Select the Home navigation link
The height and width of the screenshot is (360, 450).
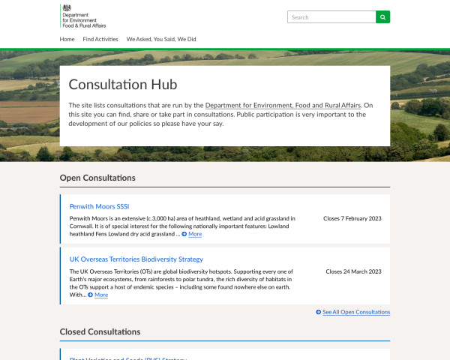pos(67,39)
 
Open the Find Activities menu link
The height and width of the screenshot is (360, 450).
pos(100,39)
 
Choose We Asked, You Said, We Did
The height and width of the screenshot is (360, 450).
pos(160,39)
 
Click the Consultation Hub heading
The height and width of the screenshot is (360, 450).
pos(122,85)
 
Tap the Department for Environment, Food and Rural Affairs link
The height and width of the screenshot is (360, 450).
pos(283,105)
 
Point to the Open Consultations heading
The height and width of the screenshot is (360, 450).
pos(97,178)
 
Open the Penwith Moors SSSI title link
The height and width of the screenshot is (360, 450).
pos(99,206)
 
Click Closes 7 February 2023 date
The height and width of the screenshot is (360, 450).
pos(352,219)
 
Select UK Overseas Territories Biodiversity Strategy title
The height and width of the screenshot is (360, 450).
pos(136,259)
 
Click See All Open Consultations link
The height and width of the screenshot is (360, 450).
pos(356,312)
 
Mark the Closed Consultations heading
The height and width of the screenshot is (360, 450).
pos(100,331)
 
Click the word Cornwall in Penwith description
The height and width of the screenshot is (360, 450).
pos(81,226)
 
